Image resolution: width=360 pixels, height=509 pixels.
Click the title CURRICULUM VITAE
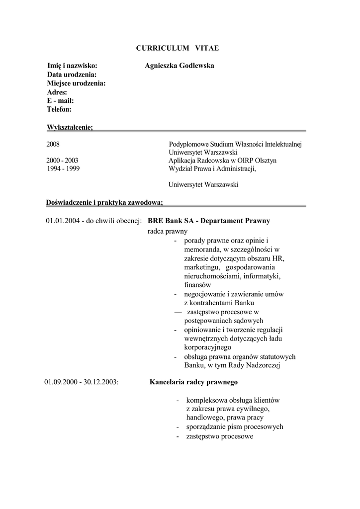178,48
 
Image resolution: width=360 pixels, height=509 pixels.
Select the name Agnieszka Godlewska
179,66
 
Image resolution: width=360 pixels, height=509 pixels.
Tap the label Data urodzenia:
72,75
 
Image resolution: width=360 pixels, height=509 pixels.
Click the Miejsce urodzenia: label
76,83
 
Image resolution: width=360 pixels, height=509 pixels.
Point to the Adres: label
57,92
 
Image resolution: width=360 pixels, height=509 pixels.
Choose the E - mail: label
60,100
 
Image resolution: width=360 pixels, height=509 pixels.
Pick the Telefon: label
59,109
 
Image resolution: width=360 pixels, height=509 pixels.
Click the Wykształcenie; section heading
70,127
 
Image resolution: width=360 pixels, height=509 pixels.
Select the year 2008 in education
53,144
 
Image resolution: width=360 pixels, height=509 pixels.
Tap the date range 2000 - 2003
62,161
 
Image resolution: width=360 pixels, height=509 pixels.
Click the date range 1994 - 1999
62,169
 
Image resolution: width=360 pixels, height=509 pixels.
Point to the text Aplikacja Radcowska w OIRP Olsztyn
222,161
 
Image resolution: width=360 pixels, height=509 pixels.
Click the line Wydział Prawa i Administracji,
212,169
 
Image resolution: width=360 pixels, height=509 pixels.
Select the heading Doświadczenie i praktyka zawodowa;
104,202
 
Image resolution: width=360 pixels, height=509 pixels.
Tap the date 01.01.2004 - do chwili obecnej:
94,220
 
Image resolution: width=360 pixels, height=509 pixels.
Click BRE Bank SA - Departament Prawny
209,220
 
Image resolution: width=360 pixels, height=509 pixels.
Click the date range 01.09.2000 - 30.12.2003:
81,382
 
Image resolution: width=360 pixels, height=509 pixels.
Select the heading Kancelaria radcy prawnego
194,382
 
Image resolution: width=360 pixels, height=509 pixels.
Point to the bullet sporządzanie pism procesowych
235,427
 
